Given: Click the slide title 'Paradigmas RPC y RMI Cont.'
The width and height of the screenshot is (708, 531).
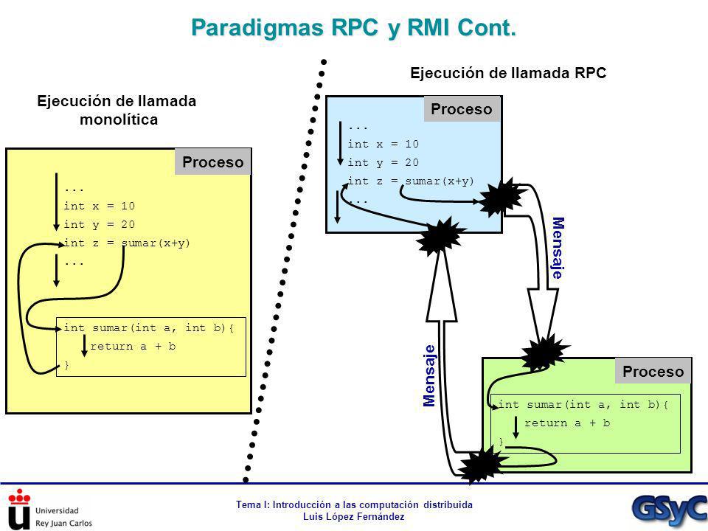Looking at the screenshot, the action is pyautogui.click(x=353, y=28).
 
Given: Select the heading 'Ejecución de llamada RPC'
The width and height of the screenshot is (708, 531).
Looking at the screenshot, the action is pyautogui.click(x=508, y=73).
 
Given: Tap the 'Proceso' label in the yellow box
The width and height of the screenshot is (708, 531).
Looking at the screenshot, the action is pyautogui.click(x=212, y=162).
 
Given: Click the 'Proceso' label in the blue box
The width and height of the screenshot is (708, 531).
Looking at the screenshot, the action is pyautogui.click(x=462, y=109).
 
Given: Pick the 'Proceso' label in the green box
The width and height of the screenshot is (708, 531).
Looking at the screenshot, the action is pyautogui.click(x=653, y=372).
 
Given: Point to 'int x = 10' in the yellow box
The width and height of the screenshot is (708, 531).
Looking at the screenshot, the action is pyautogui.click(x=100, y=206).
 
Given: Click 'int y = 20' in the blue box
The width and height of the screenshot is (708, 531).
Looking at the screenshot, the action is pyautogui.click(x=383, y=162).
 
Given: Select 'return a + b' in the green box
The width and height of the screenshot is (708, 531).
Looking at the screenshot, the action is pyautogui.click(x=567, y=423).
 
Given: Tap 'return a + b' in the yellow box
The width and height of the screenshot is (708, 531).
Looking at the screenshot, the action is pyautogui.click(x=133, y=347).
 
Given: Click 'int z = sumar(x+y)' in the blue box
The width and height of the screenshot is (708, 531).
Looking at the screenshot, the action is pyautogui.click(x=411, y=181).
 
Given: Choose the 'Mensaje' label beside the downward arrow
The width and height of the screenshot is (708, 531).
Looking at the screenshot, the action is pyautogui.click(x=558, y=248).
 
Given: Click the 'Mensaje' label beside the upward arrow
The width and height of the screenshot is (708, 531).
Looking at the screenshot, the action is pyautogui.click(x=429, y=375).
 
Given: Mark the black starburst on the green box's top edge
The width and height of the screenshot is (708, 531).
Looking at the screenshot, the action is pyautogui.click(x=544, y=353).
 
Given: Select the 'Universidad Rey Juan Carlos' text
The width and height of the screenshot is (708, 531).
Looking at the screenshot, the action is pyautogui.click(x=63, y=517).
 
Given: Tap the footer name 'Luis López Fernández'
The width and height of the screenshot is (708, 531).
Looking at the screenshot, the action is pyautogui.click(x=353, y=516).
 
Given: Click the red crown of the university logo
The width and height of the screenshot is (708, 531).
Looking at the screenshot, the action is pyautogui.click(x=19, y=496).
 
